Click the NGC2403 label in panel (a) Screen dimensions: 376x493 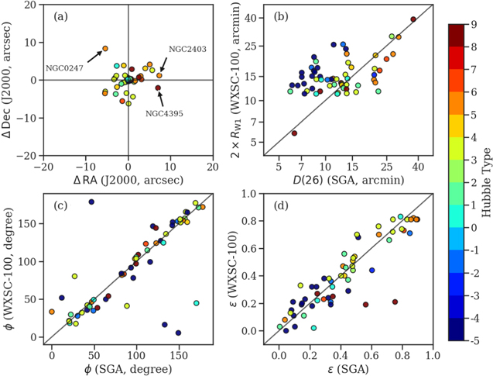[187, 49]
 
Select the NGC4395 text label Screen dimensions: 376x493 [167, 113]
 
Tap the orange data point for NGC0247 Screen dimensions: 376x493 [105, 49]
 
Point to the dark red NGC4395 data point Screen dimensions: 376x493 [158, 88]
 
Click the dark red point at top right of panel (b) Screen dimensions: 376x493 [413, 19]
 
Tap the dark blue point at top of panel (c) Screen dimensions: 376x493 [91, 202]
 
